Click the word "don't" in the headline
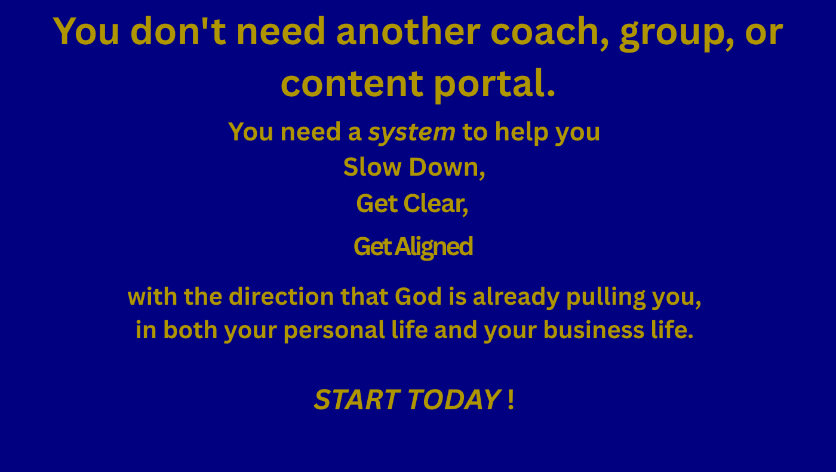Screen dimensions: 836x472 (178, 31)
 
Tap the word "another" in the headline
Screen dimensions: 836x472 (408, 31)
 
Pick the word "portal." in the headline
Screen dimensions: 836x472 (495, 84)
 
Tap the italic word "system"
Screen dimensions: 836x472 (411, 133)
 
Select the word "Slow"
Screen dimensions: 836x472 (372, 167)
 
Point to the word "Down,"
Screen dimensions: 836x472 (447, 168)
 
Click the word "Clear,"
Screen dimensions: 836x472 (435, 204)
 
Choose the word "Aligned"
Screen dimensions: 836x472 (434, 247)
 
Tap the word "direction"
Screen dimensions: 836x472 (281, 297)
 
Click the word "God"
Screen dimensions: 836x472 (419, 297)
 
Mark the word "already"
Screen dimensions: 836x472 (516, 298)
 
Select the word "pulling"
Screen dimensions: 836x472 (606, 298)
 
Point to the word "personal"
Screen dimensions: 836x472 (334, 331)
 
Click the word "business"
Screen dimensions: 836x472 (594, 330)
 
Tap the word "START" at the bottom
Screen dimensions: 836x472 (358, 400)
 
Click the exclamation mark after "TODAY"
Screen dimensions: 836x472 (511, 400)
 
